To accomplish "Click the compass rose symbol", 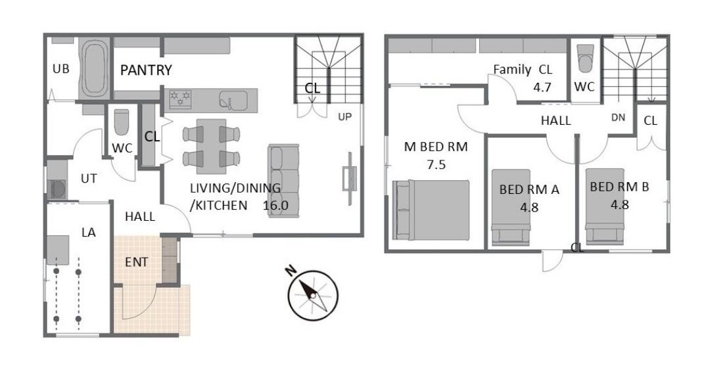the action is [313, 295].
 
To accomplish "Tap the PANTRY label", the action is [146, 70].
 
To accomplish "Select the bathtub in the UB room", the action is [95, 69].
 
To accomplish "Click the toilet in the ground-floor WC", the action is [121, 122].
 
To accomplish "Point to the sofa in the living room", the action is [283, 181].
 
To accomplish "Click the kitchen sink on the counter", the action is [233, 100].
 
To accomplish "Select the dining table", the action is [211, 147].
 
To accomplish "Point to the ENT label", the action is [136, 262].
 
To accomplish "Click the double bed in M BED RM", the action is [431, 210].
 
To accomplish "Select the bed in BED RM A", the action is [511, 208].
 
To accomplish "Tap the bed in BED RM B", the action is [605, 206].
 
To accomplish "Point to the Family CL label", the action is [523, 70].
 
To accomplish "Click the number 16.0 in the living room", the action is [275, 205].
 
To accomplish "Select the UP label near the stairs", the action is [345, 117].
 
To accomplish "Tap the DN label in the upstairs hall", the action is [618, 118].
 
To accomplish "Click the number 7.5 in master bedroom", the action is [436, 164].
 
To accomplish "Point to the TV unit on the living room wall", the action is [350, 179].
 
